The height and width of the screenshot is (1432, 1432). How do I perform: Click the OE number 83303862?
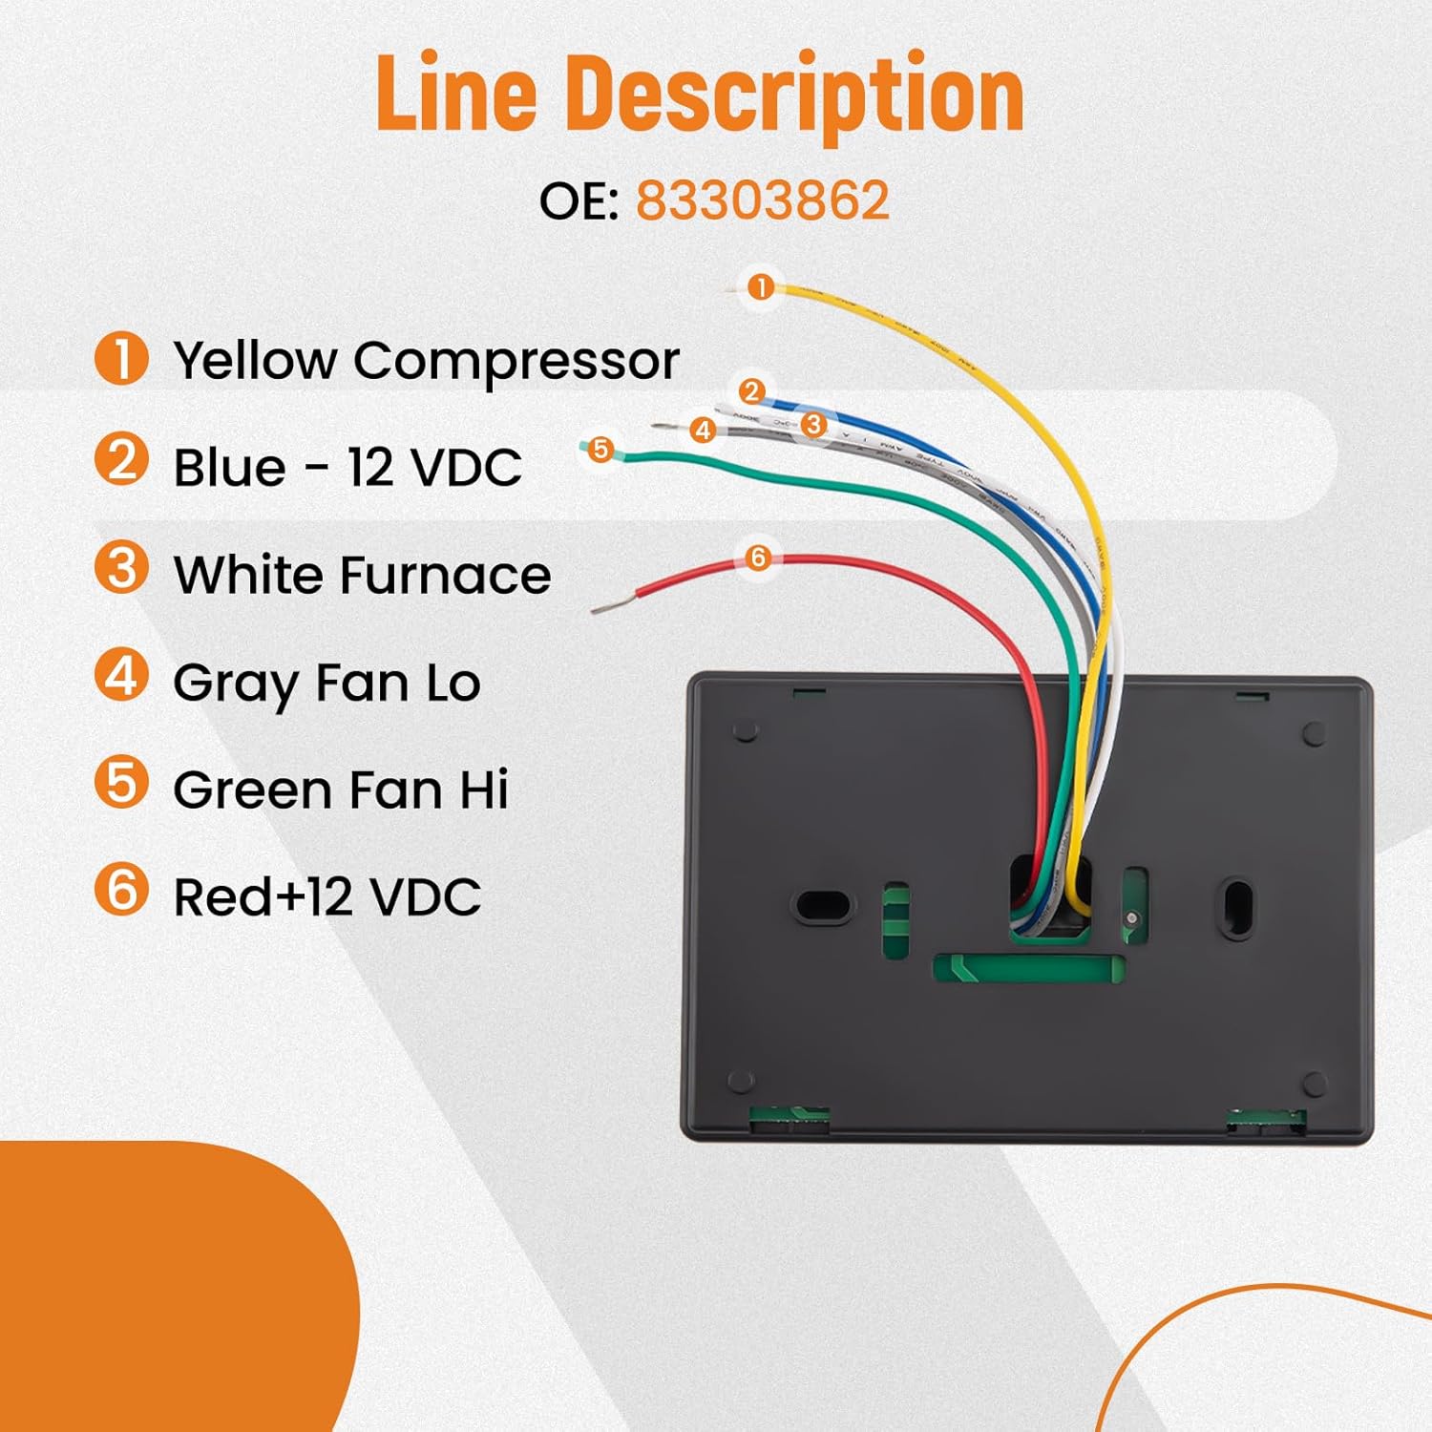pos(762,201)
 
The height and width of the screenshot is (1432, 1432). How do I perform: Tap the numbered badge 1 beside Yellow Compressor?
pos(121,359)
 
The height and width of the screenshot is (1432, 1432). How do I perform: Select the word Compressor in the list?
pos(516,361)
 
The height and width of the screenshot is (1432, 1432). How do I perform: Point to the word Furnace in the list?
pos(445,575)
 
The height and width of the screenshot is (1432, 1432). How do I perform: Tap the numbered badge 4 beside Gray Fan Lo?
pos(121,675)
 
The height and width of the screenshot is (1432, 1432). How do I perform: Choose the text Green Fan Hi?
pos(341,790)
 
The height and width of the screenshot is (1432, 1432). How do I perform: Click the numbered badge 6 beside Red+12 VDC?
pos(121,889)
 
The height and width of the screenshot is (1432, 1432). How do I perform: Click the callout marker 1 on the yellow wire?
pos(761,286)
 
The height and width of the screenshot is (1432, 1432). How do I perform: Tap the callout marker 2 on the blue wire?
pos(751,391)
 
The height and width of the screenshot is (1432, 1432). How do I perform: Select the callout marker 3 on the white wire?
pos(813,424)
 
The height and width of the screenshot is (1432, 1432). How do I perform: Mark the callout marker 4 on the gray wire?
pos(704,430)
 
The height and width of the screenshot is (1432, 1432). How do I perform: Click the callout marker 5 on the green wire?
pos(600,449)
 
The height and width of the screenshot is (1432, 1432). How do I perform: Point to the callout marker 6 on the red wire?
pos(758,558)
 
